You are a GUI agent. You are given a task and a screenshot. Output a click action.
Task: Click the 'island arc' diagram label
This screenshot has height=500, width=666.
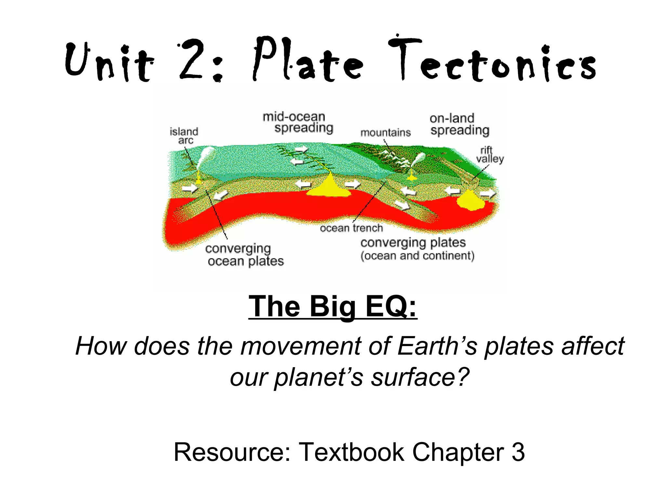click(x=184, y=136)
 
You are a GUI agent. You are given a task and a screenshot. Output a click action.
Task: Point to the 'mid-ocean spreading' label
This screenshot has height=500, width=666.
click(x=298, y=122)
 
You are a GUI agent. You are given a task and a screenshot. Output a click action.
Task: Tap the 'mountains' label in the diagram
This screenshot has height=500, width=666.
click(x=385, y=133)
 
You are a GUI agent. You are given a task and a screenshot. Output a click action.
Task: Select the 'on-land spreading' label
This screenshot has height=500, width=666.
click(x=459, y=124)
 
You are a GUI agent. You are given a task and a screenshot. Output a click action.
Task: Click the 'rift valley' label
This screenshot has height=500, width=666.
click(x=489, y=155)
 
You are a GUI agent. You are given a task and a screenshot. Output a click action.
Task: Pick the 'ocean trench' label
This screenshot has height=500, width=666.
click(x=351, y=228)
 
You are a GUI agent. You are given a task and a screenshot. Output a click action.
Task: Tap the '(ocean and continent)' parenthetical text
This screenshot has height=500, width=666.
click(x=417, y=256)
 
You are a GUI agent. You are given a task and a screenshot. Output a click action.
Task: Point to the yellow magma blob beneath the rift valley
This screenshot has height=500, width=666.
click(x=470, y=200)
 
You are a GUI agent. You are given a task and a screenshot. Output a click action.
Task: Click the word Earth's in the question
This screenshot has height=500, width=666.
click(x=437, y=346)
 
